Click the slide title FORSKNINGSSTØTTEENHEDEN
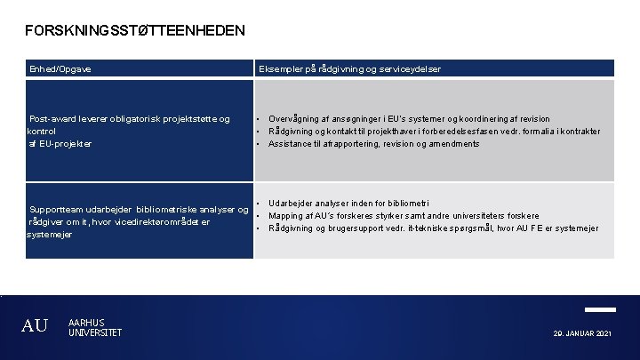click(x=135, y=31)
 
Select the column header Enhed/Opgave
click(x=60, y=68)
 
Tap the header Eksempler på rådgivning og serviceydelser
click(x=349, y=68)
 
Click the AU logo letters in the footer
click(x=35, y=326)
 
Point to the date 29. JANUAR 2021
click(x=581, y=333)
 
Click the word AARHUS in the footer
click(x=86, y=322)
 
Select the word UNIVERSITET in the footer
click(x=95, y=332)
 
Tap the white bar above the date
click(x=600, y=309)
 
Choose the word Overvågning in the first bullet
click(x=297, y=118)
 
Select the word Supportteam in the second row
click(x=58, y=210)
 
